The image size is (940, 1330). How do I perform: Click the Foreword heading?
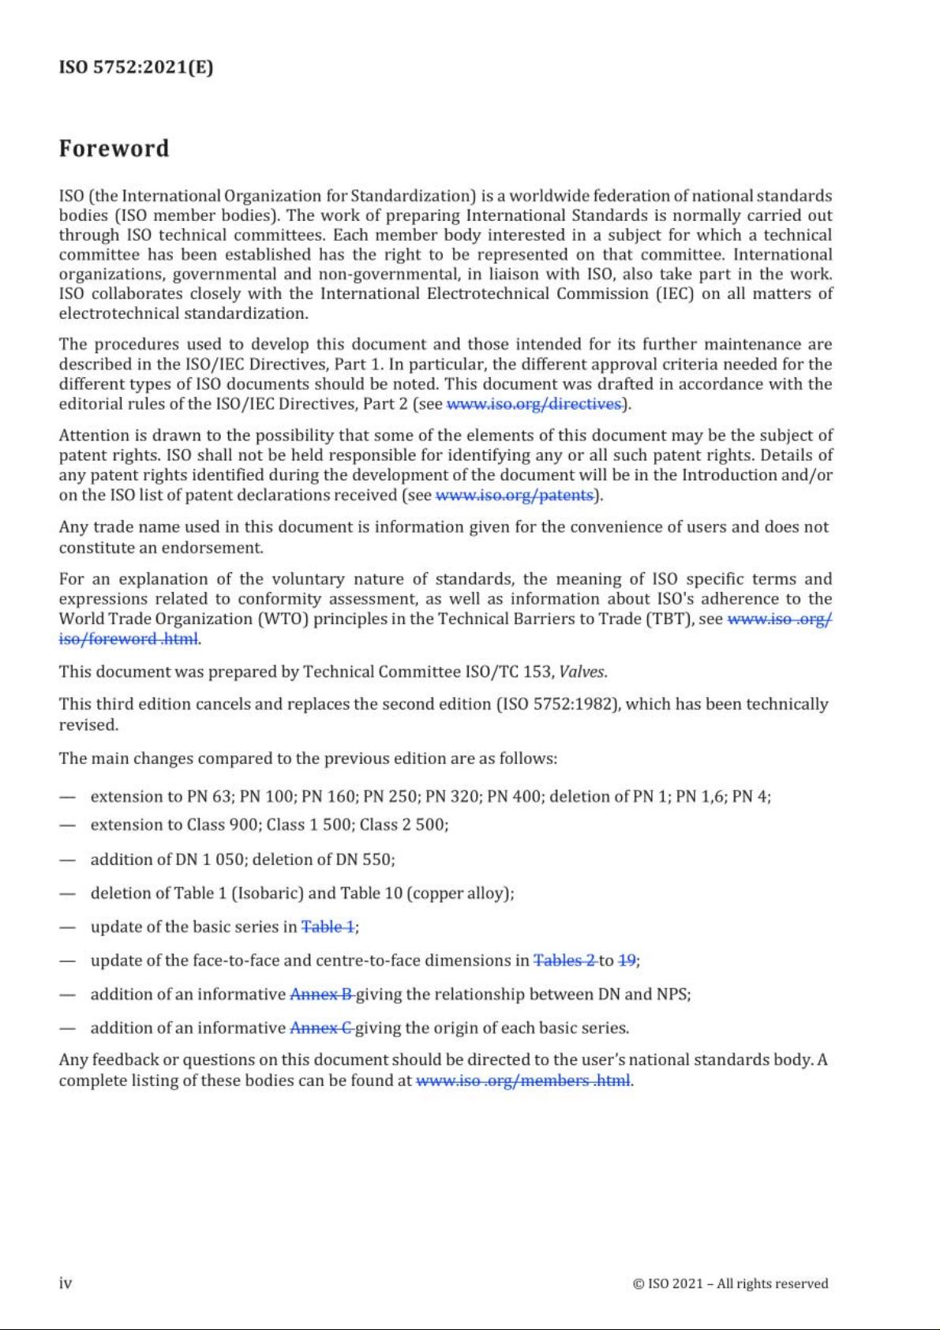pos(114,148)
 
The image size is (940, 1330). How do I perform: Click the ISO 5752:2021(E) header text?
pos(136,66)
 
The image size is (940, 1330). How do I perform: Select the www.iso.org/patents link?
pos(514,495)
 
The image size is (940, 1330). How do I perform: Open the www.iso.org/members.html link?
pos(522,1081)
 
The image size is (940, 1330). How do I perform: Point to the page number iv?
pos(66,1283)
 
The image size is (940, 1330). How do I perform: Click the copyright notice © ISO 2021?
pos(730,1283)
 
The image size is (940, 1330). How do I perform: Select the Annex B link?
pos(320,995)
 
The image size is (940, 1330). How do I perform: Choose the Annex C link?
pos(320,1028)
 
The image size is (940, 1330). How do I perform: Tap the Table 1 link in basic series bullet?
pos(328,927)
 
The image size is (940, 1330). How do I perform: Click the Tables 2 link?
pos(564,961)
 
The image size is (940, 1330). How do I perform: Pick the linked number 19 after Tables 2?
pos(627,961)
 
